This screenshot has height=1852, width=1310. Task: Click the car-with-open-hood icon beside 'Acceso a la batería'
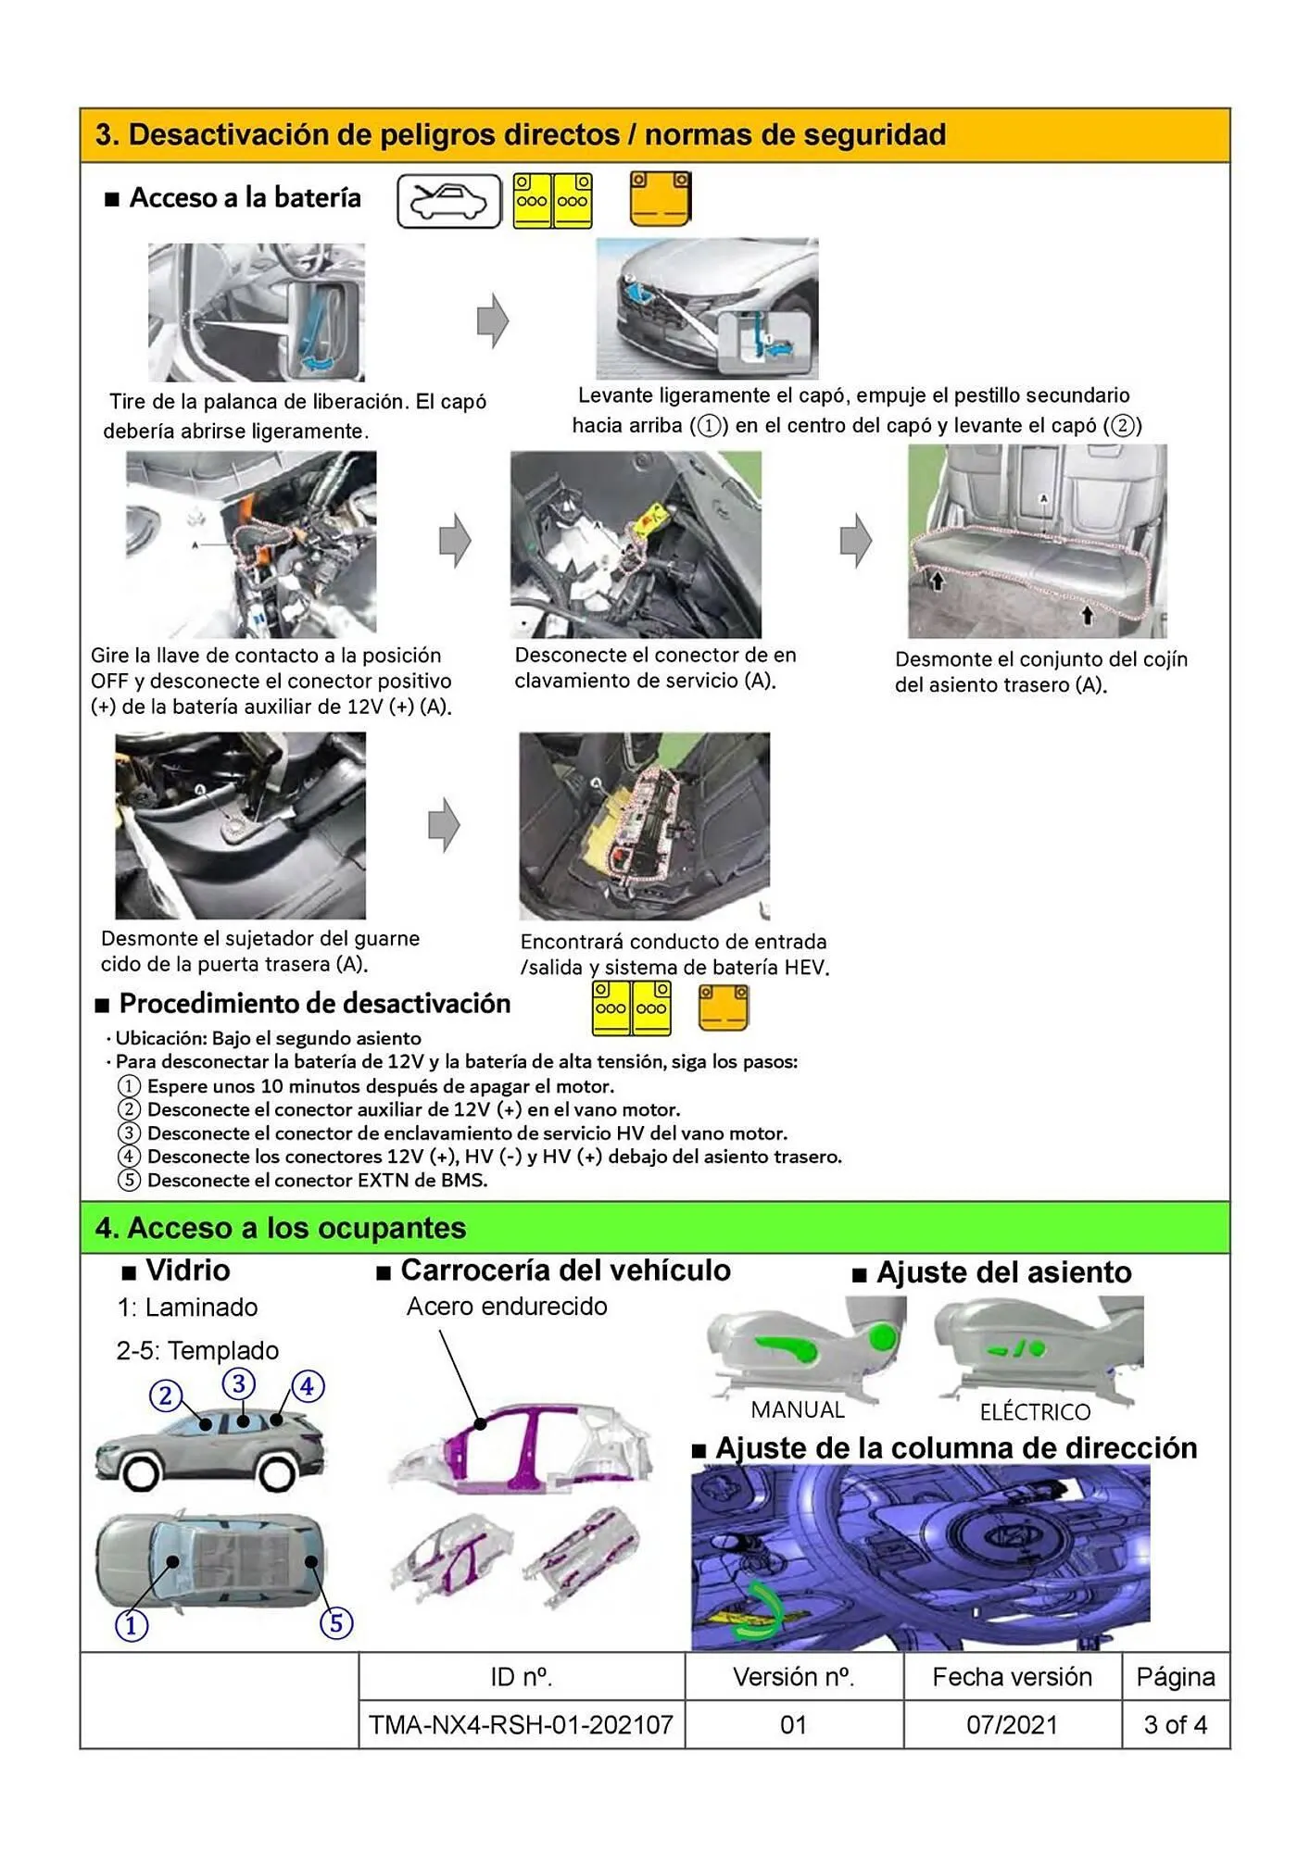click(448, 201)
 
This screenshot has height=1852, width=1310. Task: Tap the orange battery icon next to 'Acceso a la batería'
click(660, 199)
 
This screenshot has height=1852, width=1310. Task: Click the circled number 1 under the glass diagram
click(132, 1624)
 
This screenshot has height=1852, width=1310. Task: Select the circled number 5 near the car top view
click(336, 1622)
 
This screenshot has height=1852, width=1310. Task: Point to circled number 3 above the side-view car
click(239, 1383)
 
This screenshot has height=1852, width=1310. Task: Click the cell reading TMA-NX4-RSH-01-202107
click(521, 1724)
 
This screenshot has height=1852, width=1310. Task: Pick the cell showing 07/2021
click(1012, 1724)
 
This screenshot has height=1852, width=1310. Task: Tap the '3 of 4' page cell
click(1175, 1724)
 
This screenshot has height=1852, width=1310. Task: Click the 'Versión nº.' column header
click(793, 1677)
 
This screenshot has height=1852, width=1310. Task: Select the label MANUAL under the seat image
click(798, 1410)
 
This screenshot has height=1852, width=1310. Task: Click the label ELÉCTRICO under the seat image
click(1035, 1412)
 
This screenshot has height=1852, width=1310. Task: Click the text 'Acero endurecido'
click(507, 1307)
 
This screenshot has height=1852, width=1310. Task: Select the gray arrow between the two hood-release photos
click(493, 321)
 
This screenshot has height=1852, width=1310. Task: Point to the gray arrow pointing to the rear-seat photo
click(856, 541)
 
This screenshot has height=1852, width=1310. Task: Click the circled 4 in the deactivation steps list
click(129, 1157)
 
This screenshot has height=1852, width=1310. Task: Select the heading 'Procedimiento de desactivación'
click(315, 1004)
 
